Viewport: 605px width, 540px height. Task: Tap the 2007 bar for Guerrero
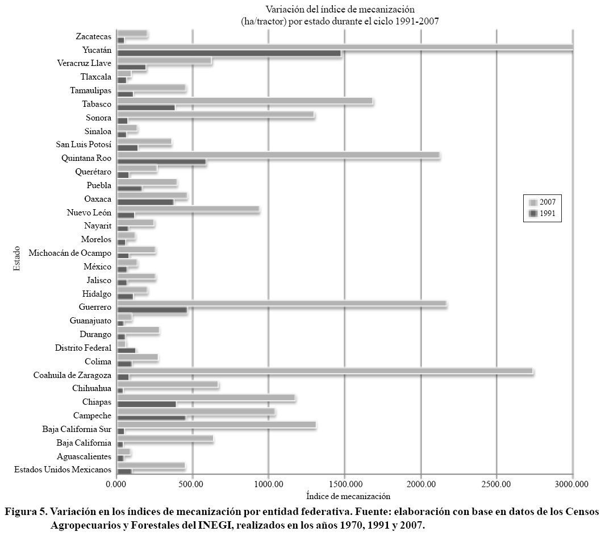[x=282, y=305]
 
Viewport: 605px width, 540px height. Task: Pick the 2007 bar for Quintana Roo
[x=278, y=155]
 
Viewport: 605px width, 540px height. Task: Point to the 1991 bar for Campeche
[x=151, y=418]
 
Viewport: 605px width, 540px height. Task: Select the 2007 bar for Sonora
[x=215, y=115]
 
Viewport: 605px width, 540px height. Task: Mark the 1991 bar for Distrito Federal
[x=126, y=351]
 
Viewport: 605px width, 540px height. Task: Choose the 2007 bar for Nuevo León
[x=188, y=209]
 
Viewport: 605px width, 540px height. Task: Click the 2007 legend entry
[x=543, y=202]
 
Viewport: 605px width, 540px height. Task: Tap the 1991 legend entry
[x=543, y=214]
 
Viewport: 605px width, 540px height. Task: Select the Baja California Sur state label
[x=77, y=429]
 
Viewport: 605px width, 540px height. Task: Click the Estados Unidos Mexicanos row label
[x=62, y=470]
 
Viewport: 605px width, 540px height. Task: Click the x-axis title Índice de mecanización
[x=348, y=496]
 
